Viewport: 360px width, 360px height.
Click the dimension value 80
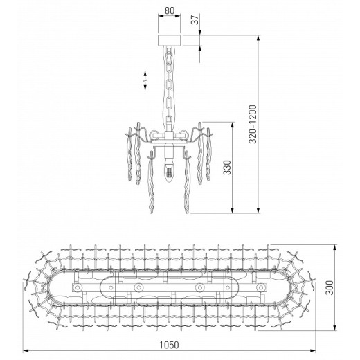coord(170,12)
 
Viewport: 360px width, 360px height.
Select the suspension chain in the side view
coord(170,87)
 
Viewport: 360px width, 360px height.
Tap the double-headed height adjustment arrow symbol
coord(145,80)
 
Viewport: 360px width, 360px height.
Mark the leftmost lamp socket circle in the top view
coord(78,287)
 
